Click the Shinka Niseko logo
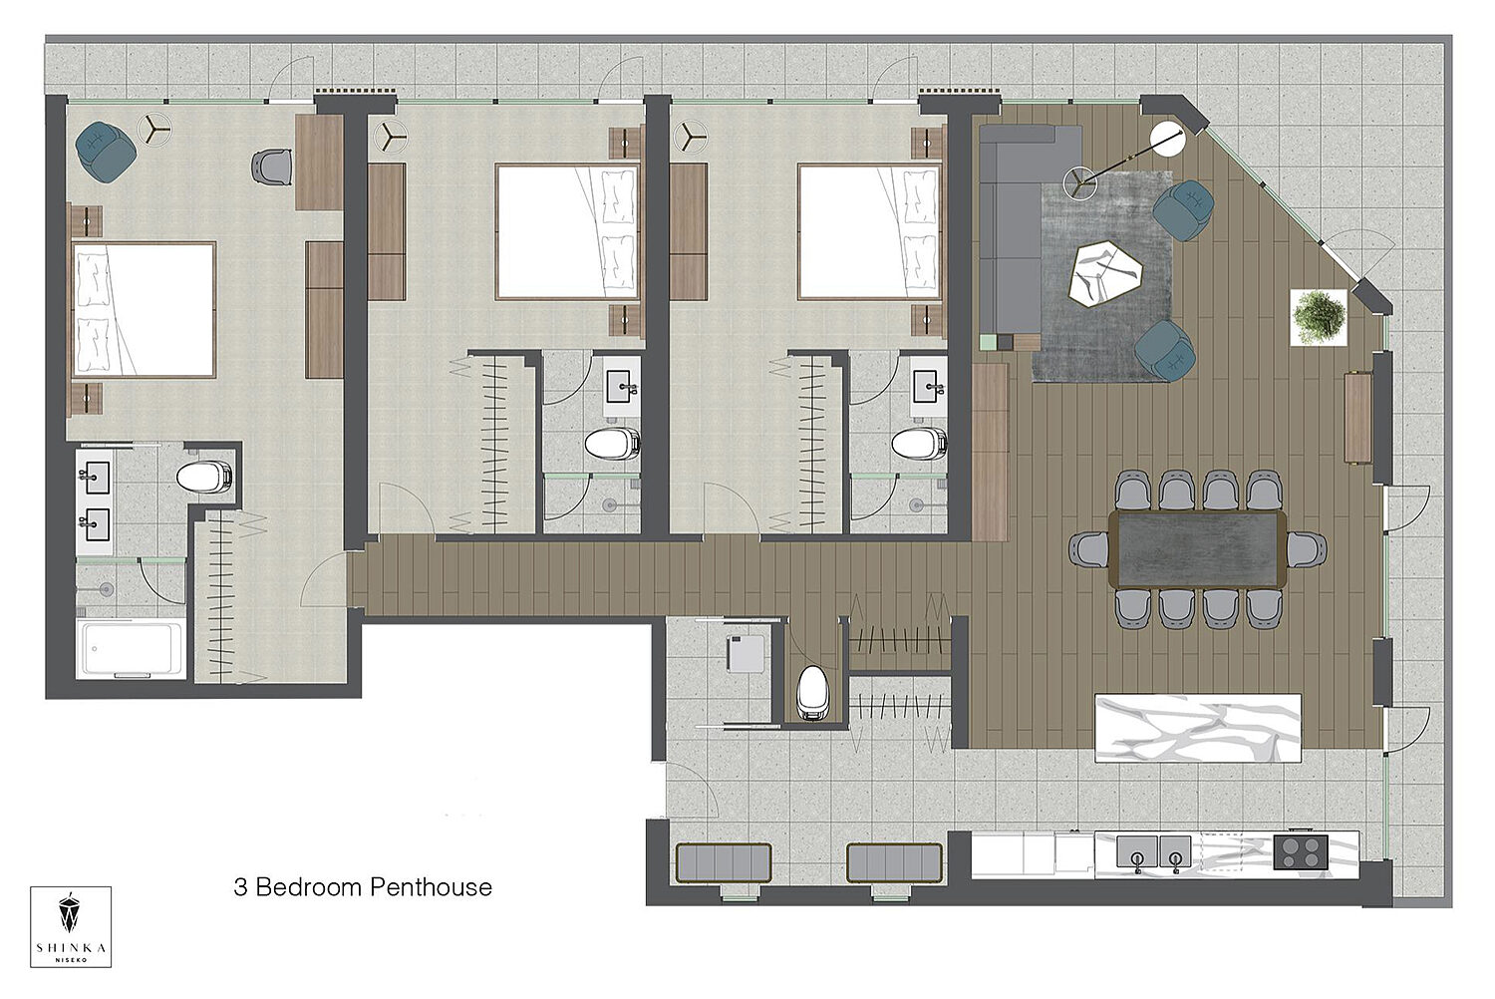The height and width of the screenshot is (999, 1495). coord(71,927)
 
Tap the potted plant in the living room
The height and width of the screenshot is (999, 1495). coord(1319,317)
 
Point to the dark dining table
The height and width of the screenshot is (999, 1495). coord(1197,549)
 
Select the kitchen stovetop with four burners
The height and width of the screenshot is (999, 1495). coord(1300,852)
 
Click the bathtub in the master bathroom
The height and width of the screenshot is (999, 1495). coord(131,648)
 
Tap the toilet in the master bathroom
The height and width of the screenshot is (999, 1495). coord(204,477)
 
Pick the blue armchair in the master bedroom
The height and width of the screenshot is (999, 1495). coord(106,152)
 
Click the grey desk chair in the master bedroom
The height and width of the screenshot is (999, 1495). coord(272,166)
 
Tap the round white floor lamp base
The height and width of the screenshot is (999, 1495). coord(1169,139)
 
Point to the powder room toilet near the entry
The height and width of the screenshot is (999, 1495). coord(812,693)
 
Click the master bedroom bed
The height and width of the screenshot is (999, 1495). coord(144,310)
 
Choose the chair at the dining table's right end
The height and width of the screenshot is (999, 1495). coord(1306,549)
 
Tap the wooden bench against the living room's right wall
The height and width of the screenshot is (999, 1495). coord(1357,418)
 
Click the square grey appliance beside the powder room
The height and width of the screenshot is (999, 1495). coord(746,652)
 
